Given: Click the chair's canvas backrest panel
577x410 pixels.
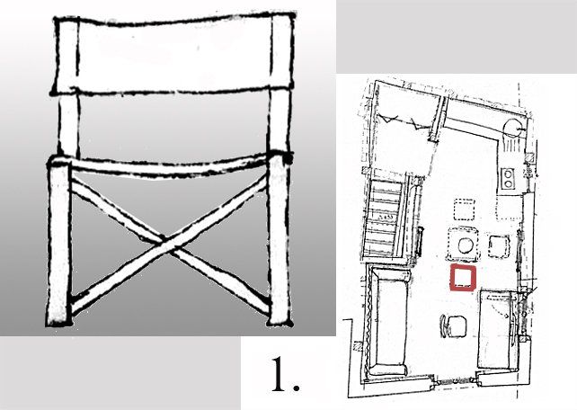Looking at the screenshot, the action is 173,54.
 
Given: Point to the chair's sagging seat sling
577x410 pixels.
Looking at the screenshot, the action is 169,168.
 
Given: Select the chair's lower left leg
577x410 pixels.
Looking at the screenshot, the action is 59,245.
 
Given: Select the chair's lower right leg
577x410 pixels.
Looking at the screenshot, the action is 280,241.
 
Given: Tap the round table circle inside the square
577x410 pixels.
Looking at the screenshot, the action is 465,245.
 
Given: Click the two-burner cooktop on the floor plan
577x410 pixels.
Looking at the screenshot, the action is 508,179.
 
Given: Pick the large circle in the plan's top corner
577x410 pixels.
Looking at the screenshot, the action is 511,129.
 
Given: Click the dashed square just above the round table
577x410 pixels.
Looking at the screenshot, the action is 465,209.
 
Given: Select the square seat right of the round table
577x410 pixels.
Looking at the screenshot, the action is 499,246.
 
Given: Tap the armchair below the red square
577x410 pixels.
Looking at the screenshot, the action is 454,326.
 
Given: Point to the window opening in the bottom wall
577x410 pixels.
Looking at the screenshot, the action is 455,382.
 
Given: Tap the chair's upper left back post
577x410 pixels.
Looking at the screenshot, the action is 68,123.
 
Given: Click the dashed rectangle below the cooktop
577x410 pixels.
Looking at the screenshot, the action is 509,208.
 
